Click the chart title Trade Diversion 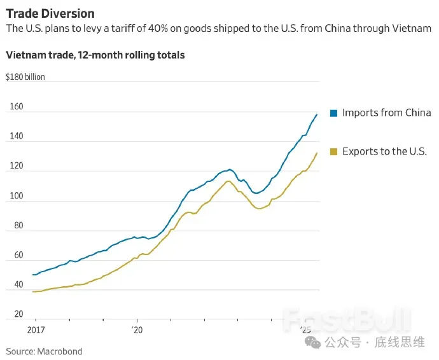pyautogui.click(x=50, y=13)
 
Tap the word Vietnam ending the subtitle pyautogui.click(x=412, y=29)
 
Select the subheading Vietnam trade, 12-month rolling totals pyautogui.click(x=95, y=55)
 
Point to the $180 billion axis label pyautogui.click(x=25, y=78)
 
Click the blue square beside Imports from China pyautogui.click(x=333, y=113)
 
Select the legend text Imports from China pyautogui.click(x=386, y=113)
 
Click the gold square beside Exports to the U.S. pyautogui.click(x=333, y=152)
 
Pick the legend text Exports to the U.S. pyautogui.click(x=384, y=151)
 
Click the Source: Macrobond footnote pyautogui.click(x=44, y=351)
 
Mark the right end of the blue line pyautogui.click(x=317, y=115)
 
